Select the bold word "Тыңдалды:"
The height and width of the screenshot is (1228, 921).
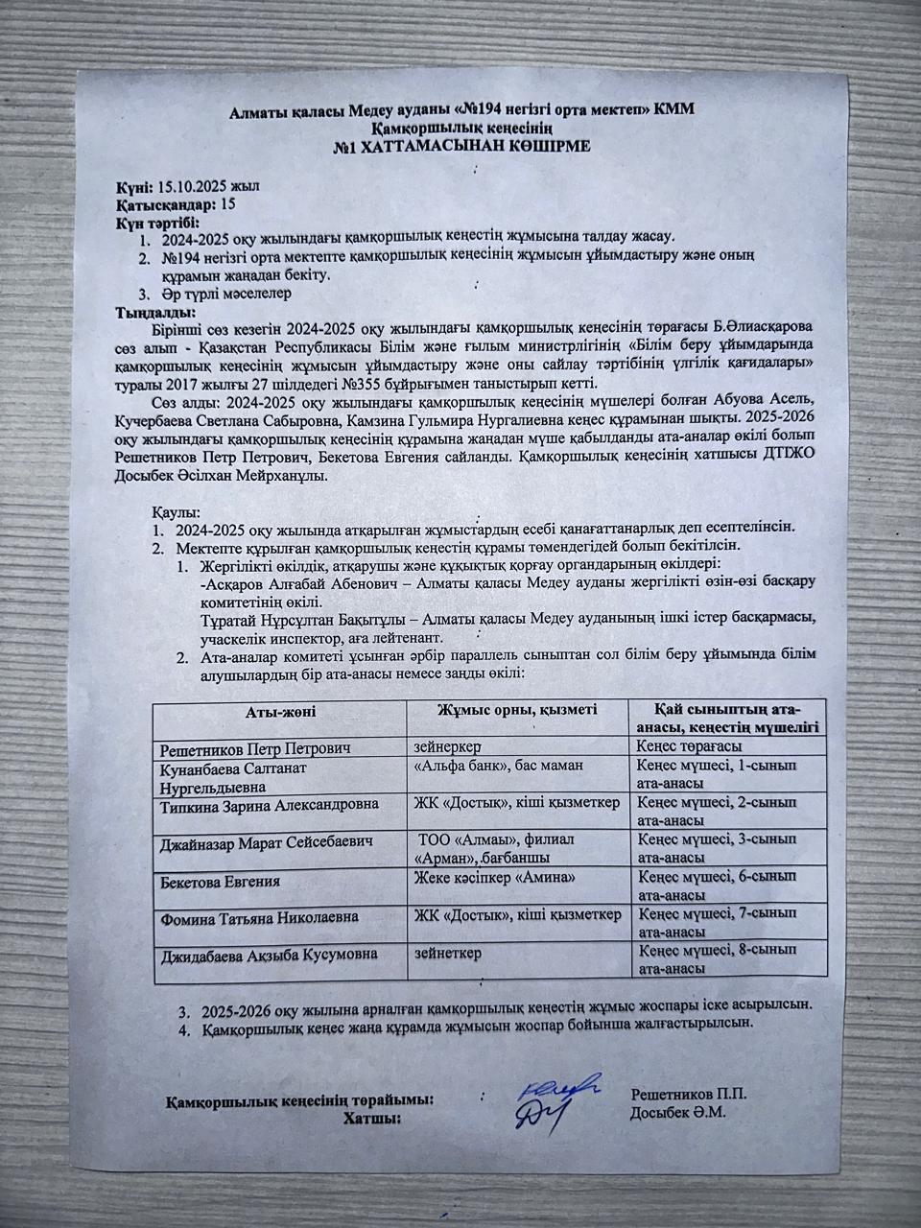coord(154,313)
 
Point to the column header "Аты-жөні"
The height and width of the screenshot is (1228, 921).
coord(279,711)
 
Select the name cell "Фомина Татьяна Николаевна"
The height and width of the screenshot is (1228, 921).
coord(259,917)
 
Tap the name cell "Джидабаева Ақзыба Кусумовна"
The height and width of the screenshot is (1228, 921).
coord(268,955)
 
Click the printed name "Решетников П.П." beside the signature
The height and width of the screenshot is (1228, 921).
coord(688,1094)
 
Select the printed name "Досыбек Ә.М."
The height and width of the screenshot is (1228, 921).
coord(678,1114)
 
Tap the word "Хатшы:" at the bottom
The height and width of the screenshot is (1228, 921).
coord(371,1117)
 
